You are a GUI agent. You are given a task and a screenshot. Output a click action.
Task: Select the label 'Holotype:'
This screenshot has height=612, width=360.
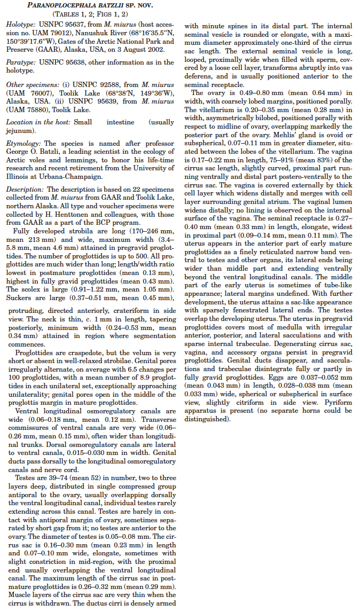pos(20,25)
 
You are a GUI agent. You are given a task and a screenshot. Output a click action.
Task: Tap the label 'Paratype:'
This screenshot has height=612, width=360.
pos(20,62)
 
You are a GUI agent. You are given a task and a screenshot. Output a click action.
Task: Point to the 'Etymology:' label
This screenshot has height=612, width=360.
pos(23,144)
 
